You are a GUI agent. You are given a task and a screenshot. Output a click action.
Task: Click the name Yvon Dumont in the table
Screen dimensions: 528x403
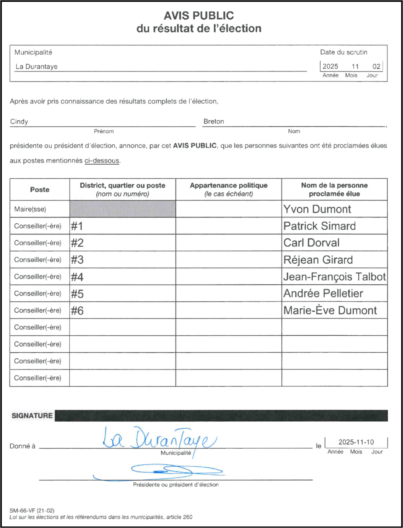pyautogui.click(x=317, y=209)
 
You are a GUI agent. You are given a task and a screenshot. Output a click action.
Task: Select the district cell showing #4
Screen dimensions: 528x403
pyautogui.click(x=77, y=277)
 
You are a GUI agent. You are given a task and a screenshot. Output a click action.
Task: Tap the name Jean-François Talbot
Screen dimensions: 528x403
pyautogui.click(x=334, y=277)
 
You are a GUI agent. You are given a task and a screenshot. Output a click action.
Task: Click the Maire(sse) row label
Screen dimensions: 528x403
pyautogui.click(x=30, y=209)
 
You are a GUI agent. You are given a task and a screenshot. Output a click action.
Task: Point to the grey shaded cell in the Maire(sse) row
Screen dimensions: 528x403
pyautogui.click(x=122, y=209)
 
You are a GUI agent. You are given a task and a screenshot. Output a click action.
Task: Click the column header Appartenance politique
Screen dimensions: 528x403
pyautogui.click(x=228, y=185)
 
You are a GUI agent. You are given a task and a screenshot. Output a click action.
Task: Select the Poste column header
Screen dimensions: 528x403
pyautogui.click(x=40, y=190)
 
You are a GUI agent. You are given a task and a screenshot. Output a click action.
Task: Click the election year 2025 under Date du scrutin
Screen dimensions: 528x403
pyautogui.click(x=330, y=67)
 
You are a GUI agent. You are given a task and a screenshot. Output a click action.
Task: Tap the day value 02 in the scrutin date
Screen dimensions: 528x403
pyautogui.click(x=376, y=67)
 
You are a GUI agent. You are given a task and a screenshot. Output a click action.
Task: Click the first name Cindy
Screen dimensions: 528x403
pyautogui.click(x=19, y=122)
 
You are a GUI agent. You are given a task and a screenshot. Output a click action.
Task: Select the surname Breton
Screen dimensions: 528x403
pyautogui.click(x=214, y=122)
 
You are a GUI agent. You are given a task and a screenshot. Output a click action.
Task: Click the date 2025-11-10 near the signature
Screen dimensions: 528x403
pyautogui.click(x=356, y=442)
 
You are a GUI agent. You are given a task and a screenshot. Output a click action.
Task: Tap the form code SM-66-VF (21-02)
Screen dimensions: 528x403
pyautogui.click(x=32, y=511)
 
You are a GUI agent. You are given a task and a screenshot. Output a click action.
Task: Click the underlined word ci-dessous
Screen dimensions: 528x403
pyautogui.click(x=102, y=161)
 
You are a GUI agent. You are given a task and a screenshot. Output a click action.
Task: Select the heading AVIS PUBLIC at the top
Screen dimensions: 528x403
pyautogui.click(x=199, y=16)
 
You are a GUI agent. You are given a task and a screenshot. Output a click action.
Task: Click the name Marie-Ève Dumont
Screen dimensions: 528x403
pyautogui.click(x=330, y=311)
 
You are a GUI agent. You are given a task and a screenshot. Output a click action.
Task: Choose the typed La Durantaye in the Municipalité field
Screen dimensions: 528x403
pyautogui.click(x=37, y=67)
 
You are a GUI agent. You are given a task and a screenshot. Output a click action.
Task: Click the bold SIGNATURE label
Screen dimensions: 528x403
pyautogui.click(x=32, y=416)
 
